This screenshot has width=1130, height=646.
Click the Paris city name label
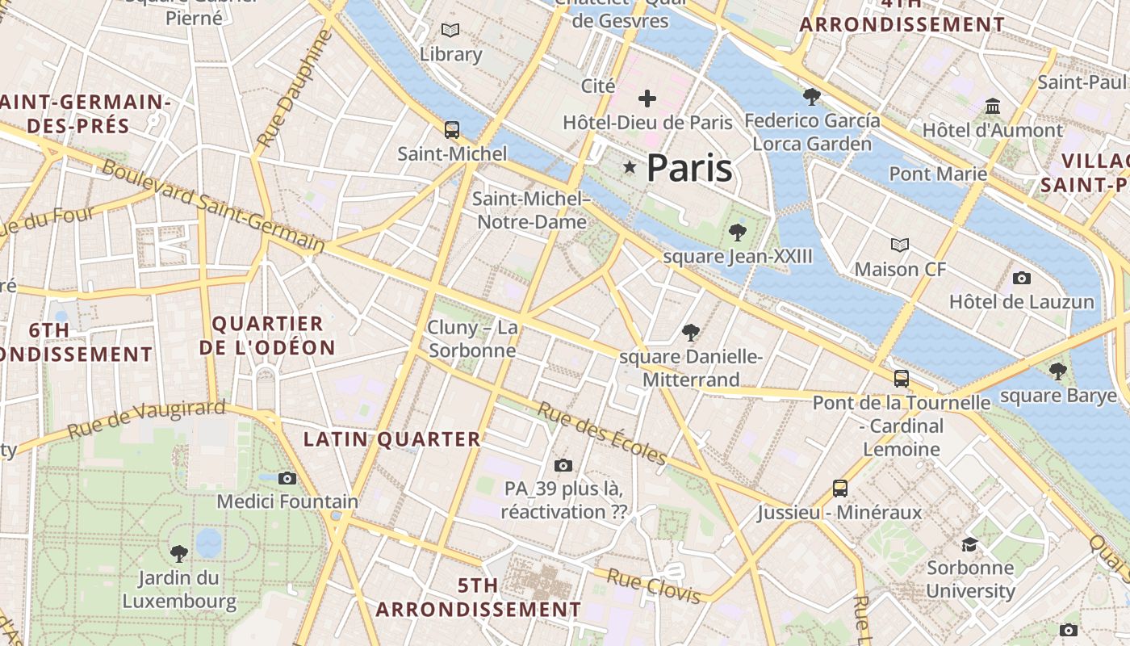click(689, 168)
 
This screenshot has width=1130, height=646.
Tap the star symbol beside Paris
click(630, 166)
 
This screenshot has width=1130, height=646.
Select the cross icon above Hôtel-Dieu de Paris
click(647, 99)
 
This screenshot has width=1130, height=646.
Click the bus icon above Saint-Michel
click(452, 129)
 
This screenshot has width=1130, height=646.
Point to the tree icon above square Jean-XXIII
click(737, 233)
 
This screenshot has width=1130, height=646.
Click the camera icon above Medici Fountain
click(287, 478)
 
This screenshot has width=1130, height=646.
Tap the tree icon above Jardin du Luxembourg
click(179, 554)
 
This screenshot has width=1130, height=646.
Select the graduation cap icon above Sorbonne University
click(969, 544)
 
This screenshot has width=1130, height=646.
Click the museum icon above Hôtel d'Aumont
click(993, 106)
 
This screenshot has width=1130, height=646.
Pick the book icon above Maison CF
click(900, 245)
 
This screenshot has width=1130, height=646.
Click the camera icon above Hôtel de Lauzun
click(1022, 278)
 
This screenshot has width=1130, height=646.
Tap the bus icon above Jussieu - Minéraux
click(840, 488)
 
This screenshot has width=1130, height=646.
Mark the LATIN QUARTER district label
click(391, 439)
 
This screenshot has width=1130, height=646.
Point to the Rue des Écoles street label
click(602, 434)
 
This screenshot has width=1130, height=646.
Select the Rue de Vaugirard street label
click(146, 419)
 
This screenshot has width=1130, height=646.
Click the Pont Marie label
click(938, 174)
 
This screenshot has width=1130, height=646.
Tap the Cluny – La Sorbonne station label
click(472, 339)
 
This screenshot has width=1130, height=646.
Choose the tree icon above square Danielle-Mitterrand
click(690, 331)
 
